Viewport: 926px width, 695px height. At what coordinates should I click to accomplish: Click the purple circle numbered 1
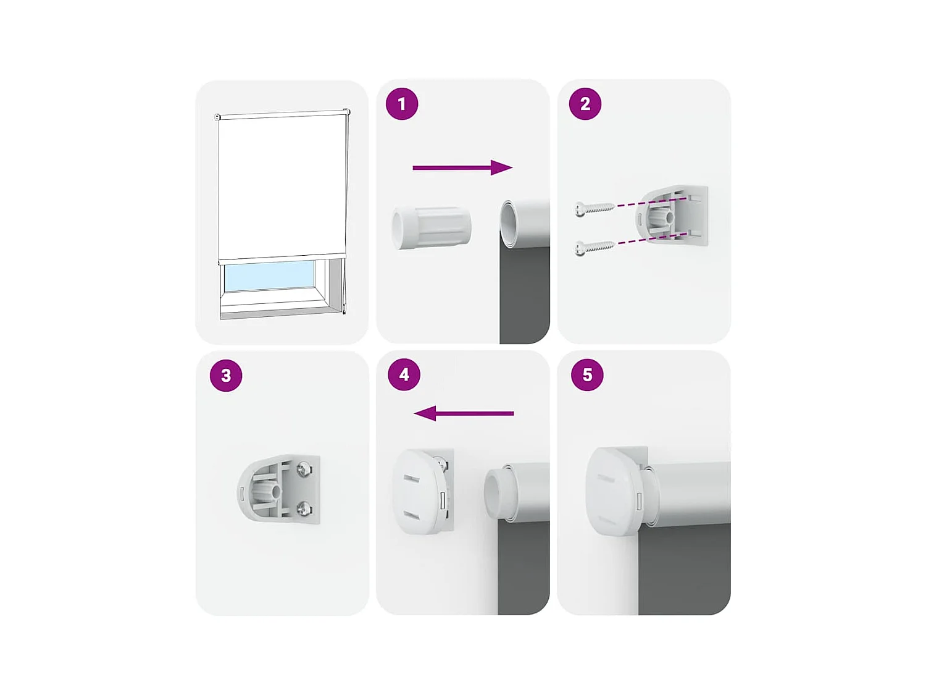point(402,104)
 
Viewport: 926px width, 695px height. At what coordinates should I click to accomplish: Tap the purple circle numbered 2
point(585,104)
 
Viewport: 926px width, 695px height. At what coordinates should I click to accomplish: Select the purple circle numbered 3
point(226,375)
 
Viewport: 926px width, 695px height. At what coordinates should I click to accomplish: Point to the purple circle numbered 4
point(404,374)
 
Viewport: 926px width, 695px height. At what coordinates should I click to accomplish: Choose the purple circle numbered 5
point(587,374)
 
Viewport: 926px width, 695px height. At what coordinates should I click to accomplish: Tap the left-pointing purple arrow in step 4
point(464,413)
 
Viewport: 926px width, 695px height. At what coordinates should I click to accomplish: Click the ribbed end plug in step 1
point(432,228)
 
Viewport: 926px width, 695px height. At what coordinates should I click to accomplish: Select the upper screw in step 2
point(594,208)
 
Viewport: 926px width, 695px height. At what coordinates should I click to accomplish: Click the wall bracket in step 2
point(673,215)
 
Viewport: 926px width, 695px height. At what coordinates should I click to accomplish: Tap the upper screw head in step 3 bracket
point(304,470)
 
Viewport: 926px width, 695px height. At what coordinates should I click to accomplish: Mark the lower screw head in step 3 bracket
point(304,509)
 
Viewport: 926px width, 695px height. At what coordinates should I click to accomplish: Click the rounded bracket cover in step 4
point(417,491)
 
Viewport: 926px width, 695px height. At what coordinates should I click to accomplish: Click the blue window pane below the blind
point(269,275)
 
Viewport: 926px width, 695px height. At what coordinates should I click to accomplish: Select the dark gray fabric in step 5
point(684,568)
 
